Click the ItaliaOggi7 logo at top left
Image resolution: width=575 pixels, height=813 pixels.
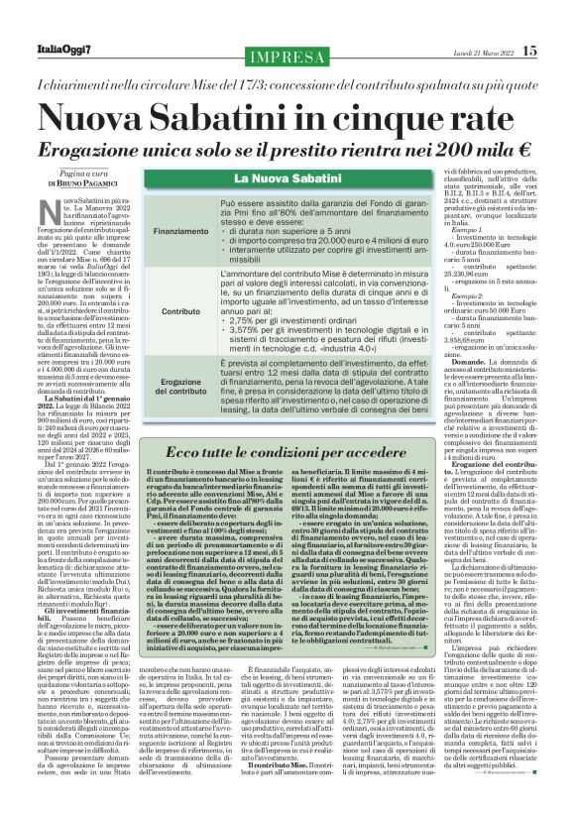click(x=65, y=51)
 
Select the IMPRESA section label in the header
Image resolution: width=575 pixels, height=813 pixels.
click(x=288, y=52)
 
